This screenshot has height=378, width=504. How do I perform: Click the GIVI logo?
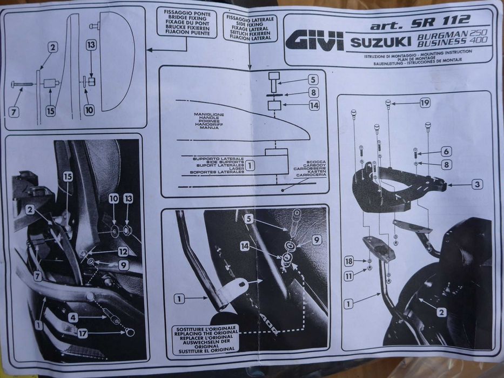tap(315, 40)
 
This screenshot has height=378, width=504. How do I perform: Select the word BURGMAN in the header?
tap(440, 34)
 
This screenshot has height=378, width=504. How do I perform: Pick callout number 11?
tap(349, 276)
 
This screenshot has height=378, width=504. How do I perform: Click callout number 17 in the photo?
tap(82, 334)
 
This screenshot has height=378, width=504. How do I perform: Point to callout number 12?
tap(123, 251)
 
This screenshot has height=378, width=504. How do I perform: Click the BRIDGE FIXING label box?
tap(187, 22)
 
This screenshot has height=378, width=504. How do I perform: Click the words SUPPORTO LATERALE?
tap(218, 159)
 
